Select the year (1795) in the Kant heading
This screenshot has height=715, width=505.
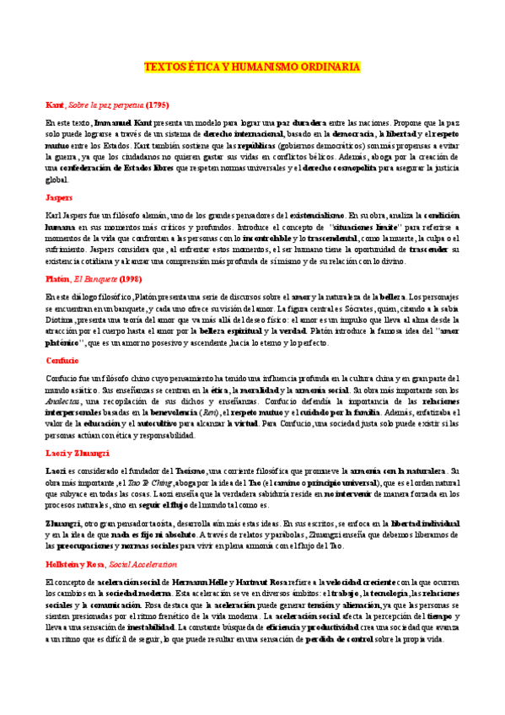(158, 105)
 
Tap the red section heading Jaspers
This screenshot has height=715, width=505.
(58, 196)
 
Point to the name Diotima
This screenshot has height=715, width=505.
(61, 320)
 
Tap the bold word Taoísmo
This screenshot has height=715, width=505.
(196, 470)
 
